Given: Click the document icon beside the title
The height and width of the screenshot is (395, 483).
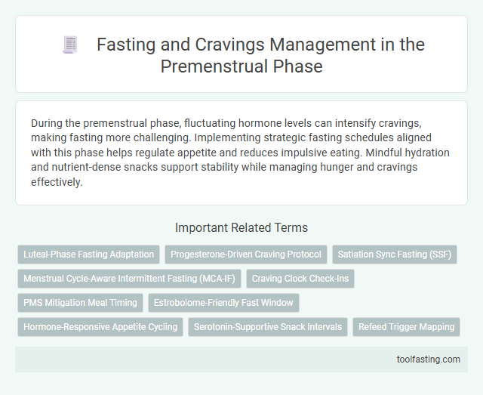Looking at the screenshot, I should click(69, 46).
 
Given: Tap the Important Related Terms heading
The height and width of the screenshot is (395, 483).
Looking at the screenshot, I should click(241, 227).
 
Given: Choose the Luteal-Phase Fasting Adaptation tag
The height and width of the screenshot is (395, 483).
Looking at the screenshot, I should click(89, 255).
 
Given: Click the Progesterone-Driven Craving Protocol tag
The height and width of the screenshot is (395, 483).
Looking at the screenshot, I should click(246, 255).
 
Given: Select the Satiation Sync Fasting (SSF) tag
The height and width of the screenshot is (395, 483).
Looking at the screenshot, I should click(395, 255).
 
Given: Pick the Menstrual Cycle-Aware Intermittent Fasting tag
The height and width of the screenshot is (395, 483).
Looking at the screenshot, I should click(129, 279).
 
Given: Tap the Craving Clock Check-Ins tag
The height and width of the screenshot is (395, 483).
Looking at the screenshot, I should click(300, 279).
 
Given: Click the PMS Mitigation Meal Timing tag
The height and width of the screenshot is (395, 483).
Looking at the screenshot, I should click(80, 303).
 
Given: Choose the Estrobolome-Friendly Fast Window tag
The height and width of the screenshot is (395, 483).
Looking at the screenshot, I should click(223, 303).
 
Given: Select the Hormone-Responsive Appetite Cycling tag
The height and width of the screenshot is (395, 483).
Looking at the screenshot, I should click(100, 327).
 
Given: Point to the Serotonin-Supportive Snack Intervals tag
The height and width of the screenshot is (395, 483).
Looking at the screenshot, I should click(268, 327).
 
